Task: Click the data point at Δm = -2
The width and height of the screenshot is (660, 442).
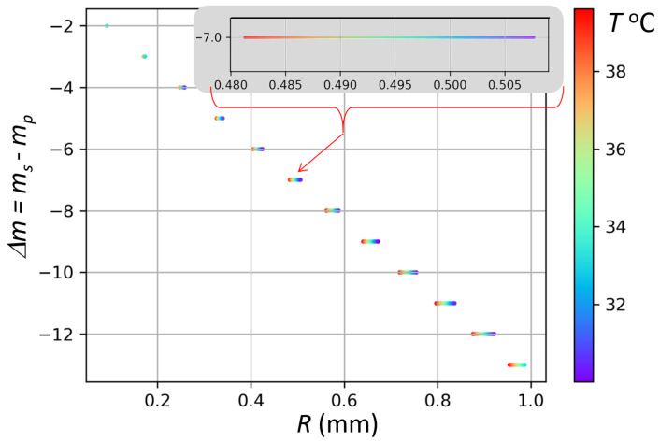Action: click(107, 26)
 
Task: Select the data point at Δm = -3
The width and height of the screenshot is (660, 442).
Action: click(143, 57)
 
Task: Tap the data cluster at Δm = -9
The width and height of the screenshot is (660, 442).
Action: click(371, 241)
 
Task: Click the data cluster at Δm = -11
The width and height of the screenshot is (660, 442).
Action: click(445, 303)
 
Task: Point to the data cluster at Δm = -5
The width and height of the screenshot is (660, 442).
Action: click(220, 119)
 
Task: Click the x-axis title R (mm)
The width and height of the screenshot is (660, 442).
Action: click(317, 426)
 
